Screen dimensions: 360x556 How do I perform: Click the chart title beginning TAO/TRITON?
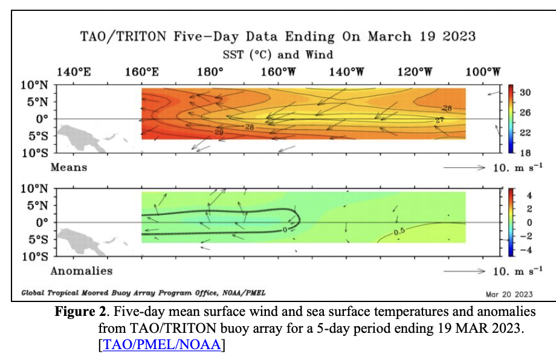point(278,36)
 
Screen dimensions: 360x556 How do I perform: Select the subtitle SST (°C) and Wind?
point(277,54)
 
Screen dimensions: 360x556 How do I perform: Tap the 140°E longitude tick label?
point(73,72)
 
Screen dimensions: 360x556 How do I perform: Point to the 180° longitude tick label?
point(210,72)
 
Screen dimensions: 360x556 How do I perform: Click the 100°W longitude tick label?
point(483,72)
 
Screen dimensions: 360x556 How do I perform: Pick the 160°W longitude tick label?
point(278,72)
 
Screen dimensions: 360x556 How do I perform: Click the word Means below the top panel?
point(68,167)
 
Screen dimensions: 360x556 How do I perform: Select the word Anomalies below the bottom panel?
point(81,271)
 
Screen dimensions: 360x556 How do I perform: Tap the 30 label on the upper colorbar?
point(525,92)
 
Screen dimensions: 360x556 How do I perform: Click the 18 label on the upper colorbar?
point(525,152)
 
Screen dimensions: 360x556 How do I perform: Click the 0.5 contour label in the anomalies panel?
point(398,232)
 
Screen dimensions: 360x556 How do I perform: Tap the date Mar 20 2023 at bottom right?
point(509,294)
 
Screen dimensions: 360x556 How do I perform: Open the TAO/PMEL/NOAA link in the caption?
point(163,345)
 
